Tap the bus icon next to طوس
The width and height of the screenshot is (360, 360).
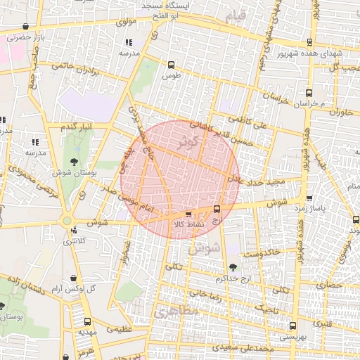[170, 64]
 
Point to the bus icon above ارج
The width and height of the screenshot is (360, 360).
[217, 209]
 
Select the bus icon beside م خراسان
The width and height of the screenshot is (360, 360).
[309, 92]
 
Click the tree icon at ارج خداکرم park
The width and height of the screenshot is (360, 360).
[233, 267]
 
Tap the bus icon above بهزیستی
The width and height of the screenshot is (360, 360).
[293, 326]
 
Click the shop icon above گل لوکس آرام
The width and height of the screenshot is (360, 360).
[75, 278]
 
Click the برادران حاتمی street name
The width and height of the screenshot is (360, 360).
[72, 67]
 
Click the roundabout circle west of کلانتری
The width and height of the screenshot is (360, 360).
[67, 221]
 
